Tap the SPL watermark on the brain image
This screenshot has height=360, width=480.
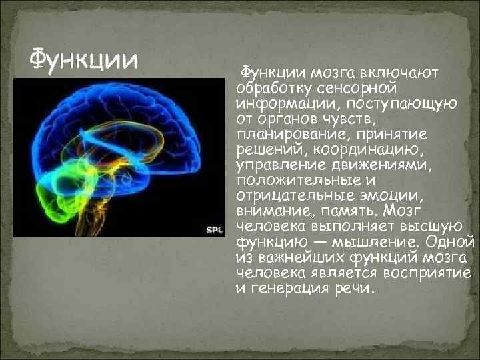(214, 229)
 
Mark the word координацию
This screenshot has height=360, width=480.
(392, 150)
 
